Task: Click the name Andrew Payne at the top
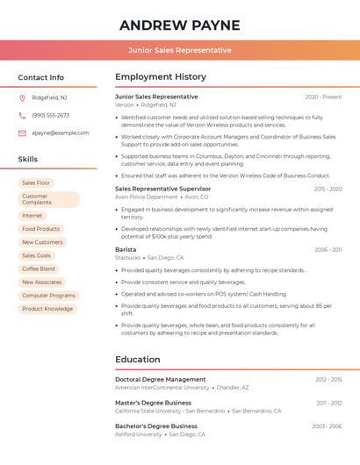point(179,25)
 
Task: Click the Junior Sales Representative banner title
point(179,50)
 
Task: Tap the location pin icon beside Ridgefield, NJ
point(22,97)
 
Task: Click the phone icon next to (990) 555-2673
point(22,115)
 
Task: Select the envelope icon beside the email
point(22,132)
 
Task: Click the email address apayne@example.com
point(61,132)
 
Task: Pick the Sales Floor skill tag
point(36,182)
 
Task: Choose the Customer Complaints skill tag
point(48,199)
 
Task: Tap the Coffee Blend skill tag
point(39,268)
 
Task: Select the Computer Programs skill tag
point(48,296)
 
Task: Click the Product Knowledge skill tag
point(47,309)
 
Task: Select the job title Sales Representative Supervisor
point(162,189)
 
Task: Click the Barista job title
point(126,249)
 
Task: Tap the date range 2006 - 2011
point(328,249)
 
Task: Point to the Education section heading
point(138,359)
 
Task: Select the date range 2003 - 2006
point(327,426)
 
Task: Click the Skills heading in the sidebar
point(28,160)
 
